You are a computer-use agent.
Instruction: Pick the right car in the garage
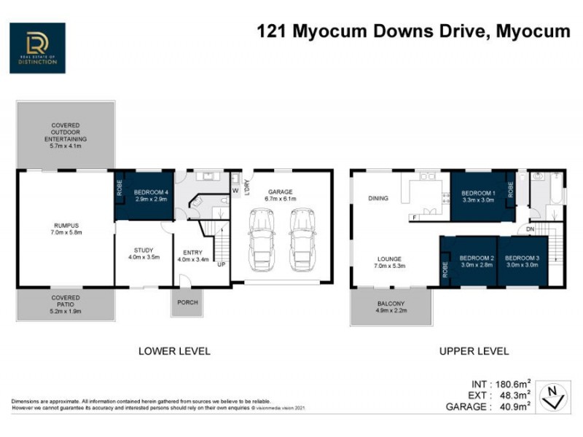pyautogui.click(x=300, y=237)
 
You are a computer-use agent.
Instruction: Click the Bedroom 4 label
pyautogui.click(x=152, y=195)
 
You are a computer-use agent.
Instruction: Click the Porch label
pyautogui.click(x=184, y=302)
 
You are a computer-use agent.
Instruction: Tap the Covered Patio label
pyautogui.click(x=66, y=303)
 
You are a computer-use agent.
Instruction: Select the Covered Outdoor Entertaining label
pyautogui.click(x=66, y=134)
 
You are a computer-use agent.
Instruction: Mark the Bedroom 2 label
pyautogui.click(x=477, y=261)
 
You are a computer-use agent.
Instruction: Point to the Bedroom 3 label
pyautogui.click(x=522, y=261)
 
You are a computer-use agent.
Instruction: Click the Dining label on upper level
pyautogui.click(x=377, y=198)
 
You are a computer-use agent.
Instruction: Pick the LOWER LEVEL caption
pyautogui.click(x=174, y=351)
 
